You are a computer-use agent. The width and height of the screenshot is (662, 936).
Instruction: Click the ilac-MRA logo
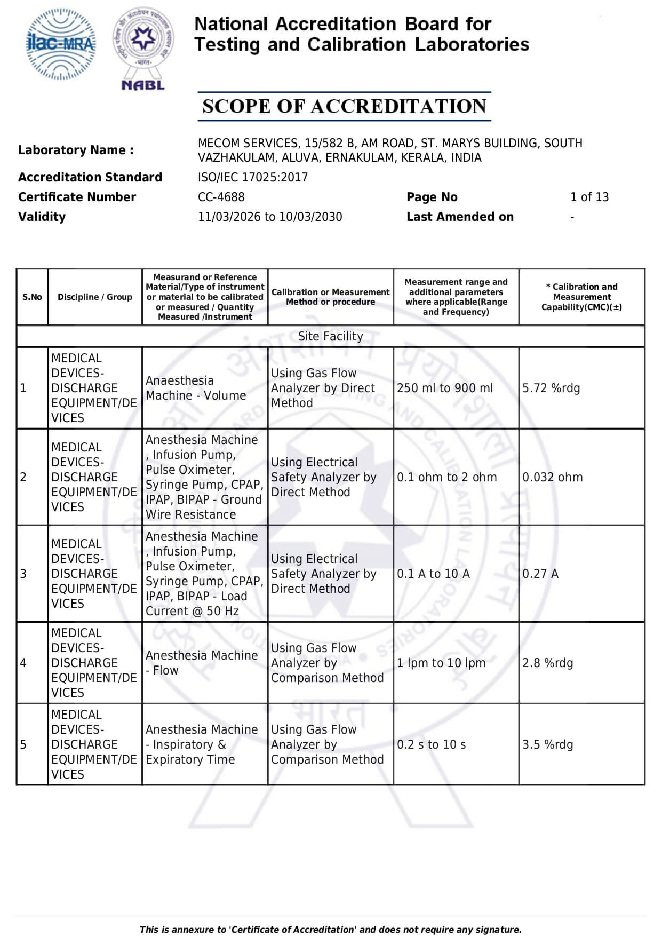pyautogui.click(x=61, y=44)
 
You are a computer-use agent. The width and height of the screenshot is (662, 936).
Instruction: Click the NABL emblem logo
pyautogui.click(x=142, y=48)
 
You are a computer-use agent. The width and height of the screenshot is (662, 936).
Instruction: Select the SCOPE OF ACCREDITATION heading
pyautogui.click(x=344, y=106)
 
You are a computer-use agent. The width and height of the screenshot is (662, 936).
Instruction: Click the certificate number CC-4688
pyautogui.click(x=221, y=197)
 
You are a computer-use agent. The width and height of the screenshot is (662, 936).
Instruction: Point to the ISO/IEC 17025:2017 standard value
pyautogui.click(x=252, y=177)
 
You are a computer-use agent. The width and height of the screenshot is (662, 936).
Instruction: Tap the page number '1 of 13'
pyautogui.click(x=589, y=197)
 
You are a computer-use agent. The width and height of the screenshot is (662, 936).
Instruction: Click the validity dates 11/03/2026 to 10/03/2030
pyautogui.click(x=269, y=217)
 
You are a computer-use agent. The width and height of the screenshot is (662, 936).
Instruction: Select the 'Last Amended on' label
pyautogui.click(x=460, y=217)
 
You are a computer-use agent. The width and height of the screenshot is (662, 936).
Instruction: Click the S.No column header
pyautogui.click(x=32, y=297)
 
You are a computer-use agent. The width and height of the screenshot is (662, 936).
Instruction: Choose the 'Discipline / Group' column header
pyautogui.click(x=95, y=297)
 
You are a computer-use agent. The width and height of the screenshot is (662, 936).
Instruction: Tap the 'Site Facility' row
pyautogui.click(x=330, y=336)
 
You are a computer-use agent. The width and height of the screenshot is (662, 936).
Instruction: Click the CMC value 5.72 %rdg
pyautogui.click(x=551, y=388)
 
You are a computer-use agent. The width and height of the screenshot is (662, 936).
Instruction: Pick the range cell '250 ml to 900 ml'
pyautogui.click(x=444, y=388)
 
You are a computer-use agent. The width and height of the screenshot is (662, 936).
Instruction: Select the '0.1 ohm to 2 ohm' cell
pyautogui.click(x=446, y=477)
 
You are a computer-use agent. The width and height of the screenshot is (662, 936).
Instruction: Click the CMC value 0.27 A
pyautogui.click(x=540, y=574)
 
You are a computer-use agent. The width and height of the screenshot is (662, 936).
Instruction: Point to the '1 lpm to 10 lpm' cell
pyautogui.click(x=441, y=663)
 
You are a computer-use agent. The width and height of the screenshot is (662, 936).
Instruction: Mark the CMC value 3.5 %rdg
pyautogui.click(x=547, y=744)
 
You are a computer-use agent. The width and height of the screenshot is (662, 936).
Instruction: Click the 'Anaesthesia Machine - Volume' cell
pyautogui.click(x=196, y=388)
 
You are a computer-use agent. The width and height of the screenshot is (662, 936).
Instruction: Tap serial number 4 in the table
pyautogui.click(x=23, y=663)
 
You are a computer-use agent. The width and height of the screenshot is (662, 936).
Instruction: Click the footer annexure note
pyautogui.click(x=330, y=929)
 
